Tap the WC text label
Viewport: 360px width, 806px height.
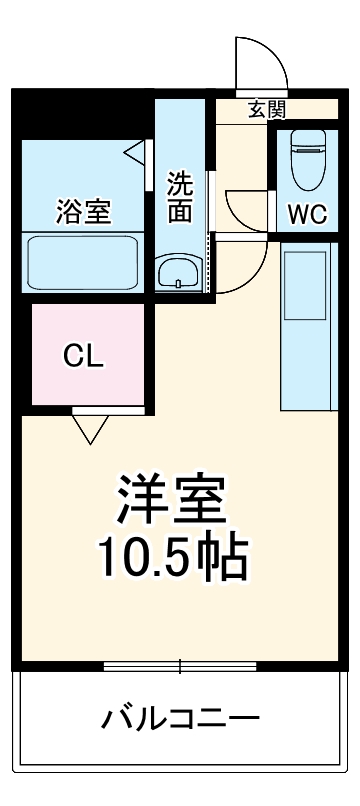pos(307,212)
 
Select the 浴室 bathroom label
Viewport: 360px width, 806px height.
pos(83,212)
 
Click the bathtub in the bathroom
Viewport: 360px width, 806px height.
pos(85,262)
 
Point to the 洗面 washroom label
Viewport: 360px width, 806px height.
pos(180,197)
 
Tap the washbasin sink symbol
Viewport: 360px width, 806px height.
pos(180,271)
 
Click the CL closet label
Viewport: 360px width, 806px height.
pos(83,355)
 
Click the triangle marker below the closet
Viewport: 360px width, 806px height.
pos(90,428)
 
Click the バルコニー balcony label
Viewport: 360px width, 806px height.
pos(180,718)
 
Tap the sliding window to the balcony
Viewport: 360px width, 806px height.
pos(180,666)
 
